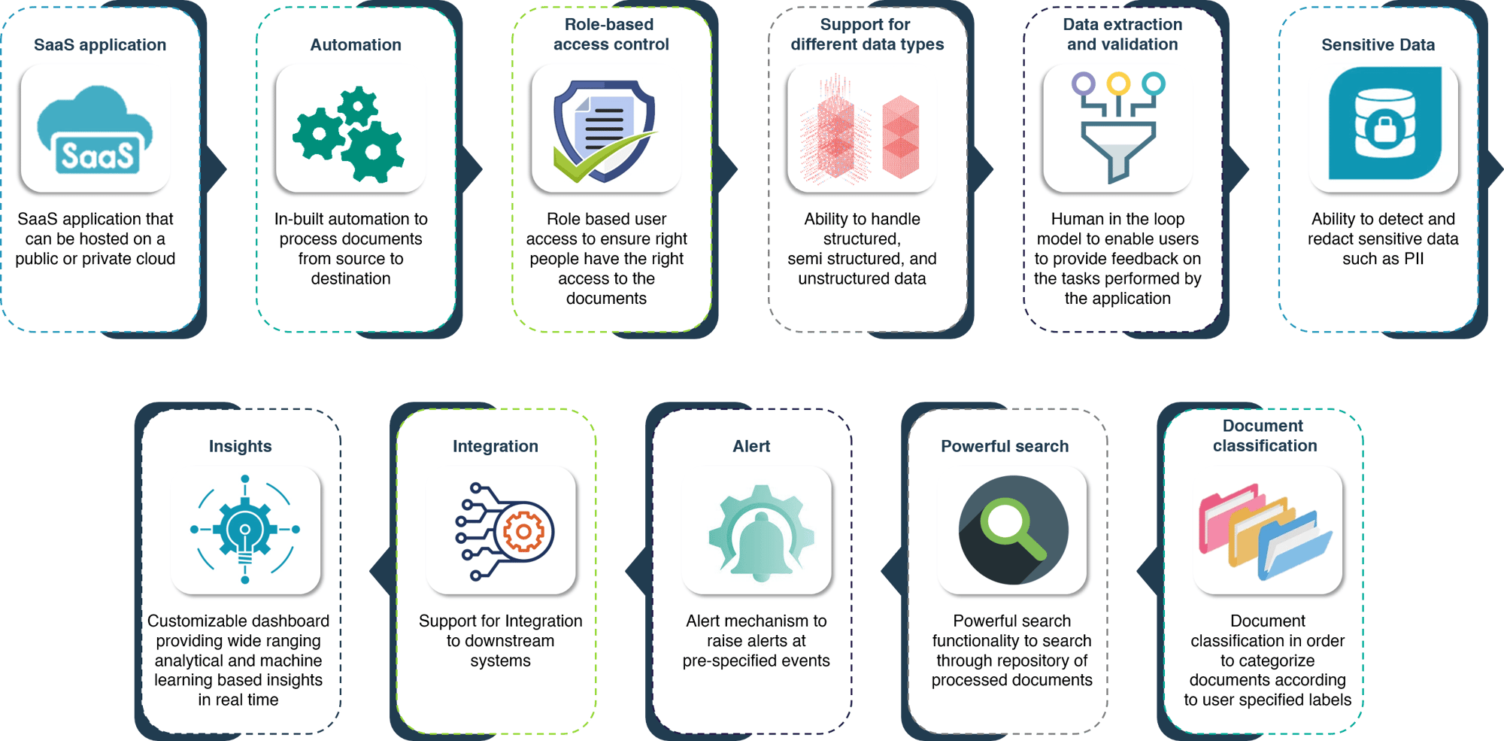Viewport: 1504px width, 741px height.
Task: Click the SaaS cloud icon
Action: click(95, 130)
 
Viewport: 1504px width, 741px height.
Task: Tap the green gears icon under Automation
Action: click(349, 134)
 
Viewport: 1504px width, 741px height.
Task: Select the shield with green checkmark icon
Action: click(605, 131)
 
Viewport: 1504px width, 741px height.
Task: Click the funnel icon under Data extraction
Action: click(1118, 128)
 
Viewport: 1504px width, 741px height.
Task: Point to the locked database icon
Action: click(1384, 123)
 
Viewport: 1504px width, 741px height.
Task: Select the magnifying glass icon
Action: click(1013, 530)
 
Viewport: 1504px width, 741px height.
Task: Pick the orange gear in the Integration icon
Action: click(524, 532)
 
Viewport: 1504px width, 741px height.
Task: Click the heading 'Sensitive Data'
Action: click(1378, 45)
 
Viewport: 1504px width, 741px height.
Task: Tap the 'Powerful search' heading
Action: click(1005, 446)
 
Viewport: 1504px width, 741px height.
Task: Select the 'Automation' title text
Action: click(356, 45)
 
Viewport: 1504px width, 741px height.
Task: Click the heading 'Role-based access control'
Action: click(611, 35)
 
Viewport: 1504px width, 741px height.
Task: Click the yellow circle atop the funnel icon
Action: click(1118, 83)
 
